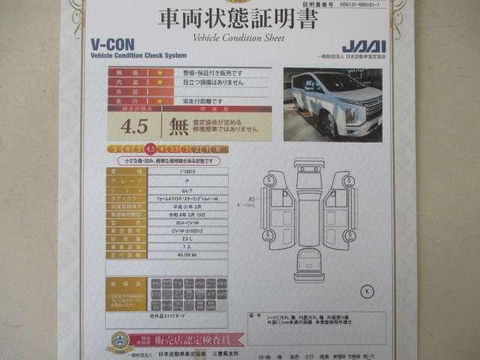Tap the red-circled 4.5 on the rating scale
(x=150, y=148)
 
